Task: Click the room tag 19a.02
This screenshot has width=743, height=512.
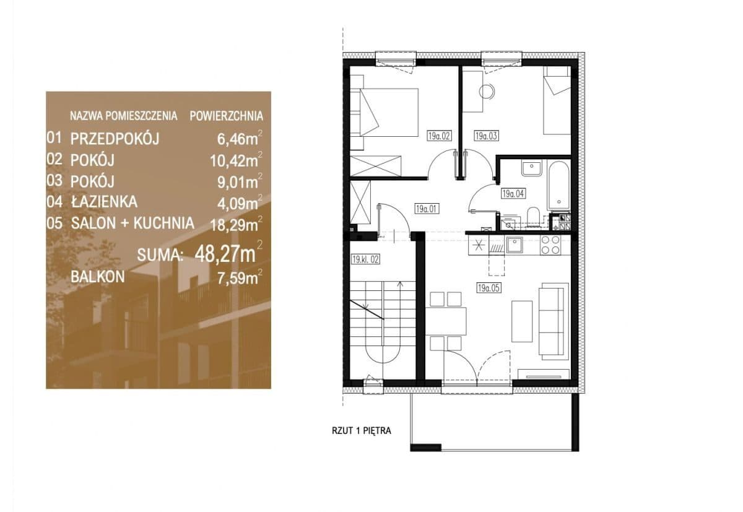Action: tap(439, 136)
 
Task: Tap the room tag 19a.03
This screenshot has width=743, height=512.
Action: tap(486, 136)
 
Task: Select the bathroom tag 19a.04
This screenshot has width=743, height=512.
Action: tap(513, 193)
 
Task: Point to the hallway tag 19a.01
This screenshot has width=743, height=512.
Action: tap(426, 209)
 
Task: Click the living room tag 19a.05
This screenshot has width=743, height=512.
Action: tap(489, 288)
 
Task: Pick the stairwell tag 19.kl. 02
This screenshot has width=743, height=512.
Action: tap(365, 259)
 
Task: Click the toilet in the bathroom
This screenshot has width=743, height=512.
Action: tap(533, 217)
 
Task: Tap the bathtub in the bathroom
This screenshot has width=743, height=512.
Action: tap(559, 186)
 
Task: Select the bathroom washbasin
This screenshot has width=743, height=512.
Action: tap(532, 168)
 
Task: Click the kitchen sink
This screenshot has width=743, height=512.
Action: tap(515, 245)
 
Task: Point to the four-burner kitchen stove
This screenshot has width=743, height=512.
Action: tap(550, 245)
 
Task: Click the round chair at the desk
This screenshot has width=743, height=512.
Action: tap(487, 91)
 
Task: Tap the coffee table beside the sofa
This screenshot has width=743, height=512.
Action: tap(522, 321)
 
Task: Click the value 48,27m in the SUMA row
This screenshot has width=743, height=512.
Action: tap(225, 254)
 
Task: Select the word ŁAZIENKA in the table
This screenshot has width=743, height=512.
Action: tap(104, 202)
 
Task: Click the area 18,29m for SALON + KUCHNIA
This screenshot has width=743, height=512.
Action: tap(234, 225)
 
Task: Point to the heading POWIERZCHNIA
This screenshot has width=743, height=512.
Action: tap(227, 116)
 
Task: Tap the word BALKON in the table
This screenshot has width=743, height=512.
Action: tap(98, 277)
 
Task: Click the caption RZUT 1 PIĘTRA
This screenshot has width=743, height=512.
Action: tap(362, 431)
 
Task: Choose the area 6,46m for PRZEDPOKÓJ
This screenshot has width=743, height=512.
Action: tap(238, 139)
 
